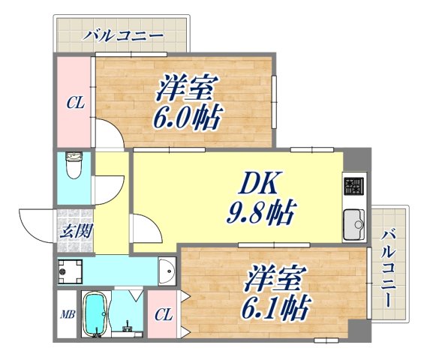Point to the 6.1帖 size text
[x=278, y=307]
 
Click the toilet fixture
[x=74, y=166]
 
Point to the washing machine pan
[x=71, y=269]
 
